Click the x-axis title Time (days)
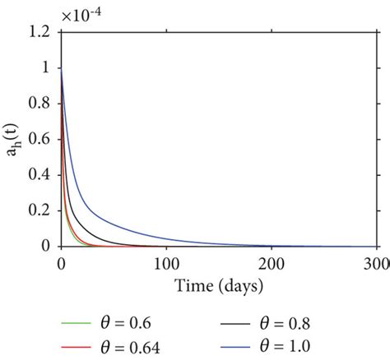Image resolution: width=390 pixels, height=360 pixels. coord(219,285)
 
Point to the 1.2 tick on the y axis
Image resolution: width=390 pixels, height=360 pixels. coord(40,32)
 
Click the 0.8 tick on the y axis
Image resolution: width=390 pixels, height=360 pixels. coord(40,104)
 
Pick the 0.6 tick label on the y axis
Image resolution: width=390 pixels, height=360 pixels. coord(40,139)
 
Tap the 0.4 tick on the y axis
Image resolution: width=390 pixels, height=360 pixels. coord(40,175)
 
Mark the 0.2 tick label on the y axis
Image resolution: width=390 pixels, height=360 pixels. coord(40,210)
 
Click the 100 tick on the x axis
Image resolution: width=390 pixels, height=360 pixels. coord(166,262)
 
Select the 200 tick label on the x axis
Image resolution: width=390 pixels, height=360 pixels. coord(272,262)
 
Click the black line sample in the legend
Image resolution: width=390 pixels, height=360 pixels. coord(252,316)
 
